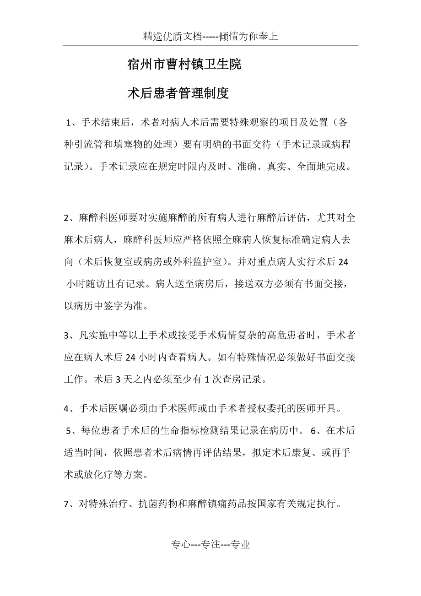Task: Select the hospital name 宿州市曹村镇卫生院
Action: [x=184, y=65]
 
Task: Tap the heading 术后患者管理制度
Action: [x=178, y=94]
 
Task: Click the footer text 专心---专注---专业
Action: [x=210, y=545]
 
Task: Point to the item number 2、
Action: [x=71, y=218]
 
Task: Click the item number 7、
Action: [x=71, y=504]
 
